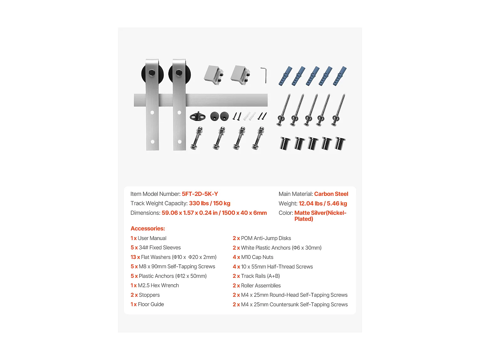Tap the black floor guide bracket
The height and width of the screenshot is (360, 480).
[x=198, y=116]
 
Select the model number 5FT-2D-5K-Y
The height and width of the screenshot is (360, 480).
[x=200, y=194]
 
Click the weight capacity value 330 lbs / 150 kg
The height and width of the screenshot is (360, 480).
[x=210, y=204]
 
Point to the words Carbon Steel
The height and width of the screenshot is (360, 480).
[x=331, y=194]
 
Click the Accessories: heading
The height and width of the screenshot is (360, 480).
[x=148, y=228]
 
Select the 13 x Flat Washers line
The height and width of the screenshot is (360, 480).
[x=173, y=257]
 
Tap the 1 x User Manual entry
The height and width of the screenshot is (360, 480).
[x=148, y=238]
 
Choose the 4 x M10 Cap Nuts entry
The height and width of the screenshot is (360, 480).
[x=253, y=257]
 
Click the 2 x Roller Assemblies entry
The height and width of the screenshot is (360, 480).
[x=257, y=286]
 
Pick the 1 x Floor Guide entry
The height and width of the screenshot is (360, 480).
[x=147, y=304]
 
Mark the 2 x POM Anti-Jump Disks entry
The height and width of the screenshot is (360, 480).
[x=262, y=238]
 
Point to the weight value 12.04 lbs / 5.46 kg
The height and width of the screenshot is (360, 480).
[x=323, y=204]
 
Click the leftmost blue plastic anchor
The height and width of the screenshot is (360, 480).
[x=285, y=76]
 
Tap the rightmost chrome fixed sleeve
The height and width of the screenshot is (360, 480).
[x=340, y=143]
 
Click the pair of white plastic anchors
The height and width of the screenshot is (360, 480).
[x=250, y=116]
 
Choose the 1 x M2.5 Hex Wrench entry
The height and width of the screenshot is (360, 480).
[x=155, y=285]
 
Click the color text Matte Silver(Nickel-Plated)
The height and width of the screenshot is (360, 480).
[x=320, y=216]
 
